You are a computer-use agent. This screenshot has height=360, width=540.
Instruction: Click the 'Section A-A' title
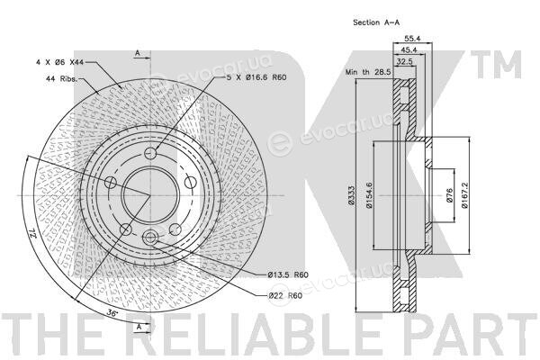click(x=376, y=22)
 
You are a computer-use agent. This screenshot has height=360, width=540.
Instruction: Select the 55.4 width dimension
click(x=412, y=38)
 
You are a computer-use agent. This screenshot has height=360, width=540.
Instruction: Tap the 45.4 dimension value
click(x=409, y=50)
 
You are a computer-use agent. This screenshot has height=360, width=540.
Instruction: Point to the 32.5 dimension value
click(x=405, y=62)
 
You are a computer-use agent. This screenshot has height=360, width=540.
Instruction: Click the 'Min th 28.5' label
click(x=368, y=72)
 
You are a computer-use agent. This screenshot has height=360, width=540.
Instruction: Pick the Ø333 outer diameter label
click(x=352, y=195)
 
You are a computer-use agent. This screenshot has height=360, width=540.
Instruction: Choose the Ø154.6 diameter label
click(x=369, y=195)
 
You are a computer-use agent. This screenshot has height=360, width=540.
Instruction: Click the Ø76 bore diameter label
click(x=449, y=195)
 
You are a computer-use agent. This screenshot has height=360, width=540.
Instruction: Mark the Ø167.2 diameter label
click(x=464, y=195)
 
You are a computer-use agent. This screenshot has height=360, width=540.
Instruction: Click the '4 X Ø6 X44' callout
click(x=60, y=62)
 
